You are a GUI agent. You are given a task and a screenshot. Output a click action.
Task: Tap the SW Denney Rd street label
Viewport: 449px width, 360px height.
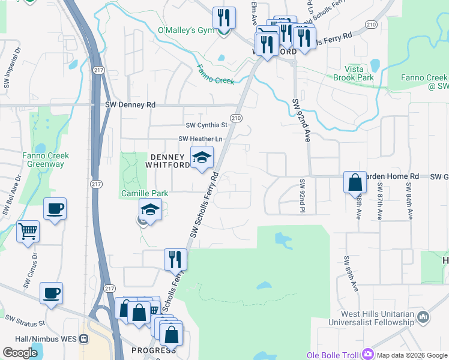tap(130, 104)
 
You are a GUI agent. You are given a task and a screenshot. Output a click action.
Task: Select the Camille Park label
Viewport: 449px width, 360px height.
tap(145, 193)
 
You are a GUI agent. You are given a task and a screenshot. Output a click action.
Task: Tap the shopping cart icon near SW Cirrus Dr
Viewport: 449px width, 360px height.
tap(28, 231)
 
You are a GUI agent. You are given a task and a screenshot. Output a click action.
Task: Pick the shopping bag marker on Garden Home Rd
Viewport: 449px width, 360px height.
tap(355, 181)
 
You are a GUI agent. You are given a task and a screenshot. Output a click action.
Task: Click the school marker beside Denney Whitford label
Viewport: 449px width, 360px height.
tap(202, 157)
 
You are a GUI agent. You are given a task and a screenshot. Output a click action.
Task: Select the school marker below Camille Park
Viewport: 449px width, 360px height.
tap(150, 210)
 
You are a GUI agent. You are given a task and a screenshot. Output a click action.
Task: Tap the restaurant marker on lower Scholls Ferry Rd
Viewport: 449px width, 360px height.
tap(175, 259)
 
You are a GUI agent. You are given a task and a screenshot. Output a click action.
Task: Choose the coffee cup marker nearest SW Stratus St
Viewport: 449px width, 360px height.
tap(52, 293)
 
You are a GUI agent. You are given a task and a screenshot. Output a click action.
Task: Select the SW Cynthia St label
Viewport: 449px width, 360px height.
tap(206, 125)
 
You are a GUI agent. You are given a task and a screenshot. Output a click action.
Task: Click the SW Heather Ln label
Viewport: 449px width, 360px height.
tap(200, 139)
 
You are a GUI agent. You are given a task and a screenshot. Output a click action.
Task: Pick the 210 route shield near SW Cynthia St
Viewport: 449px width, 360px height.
tap(236, 118)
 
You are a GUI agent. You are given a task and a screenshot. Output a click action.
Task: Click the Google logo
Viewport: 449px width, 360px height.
tap(20, 353)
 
